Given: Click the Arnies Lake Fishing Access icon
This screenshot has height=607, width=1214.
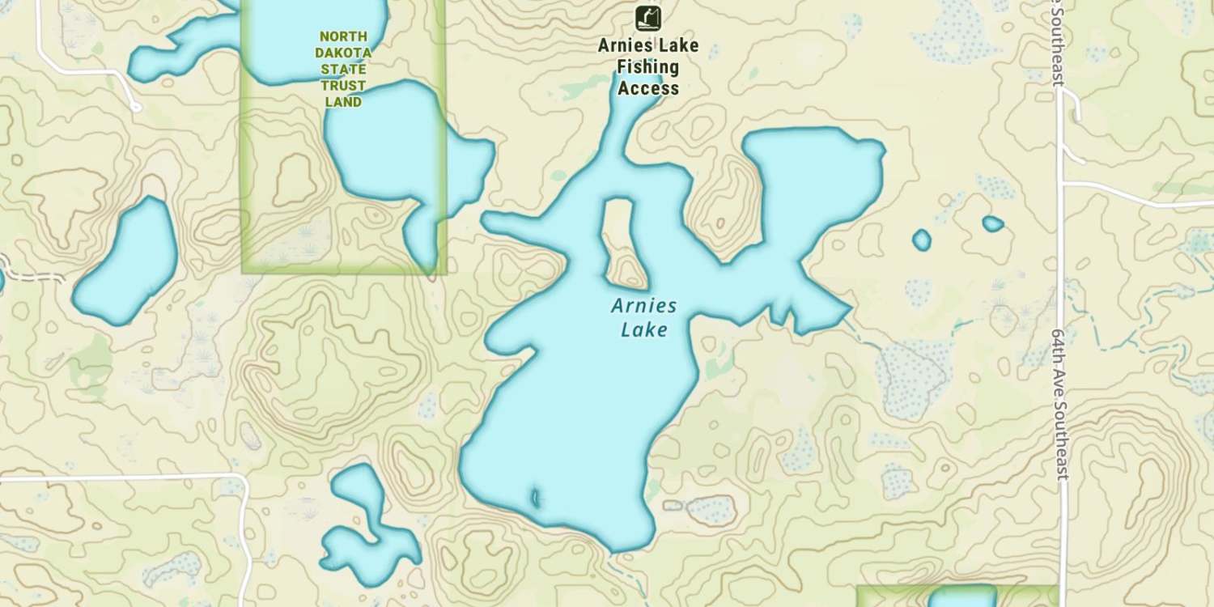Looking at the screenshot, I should (647, 17).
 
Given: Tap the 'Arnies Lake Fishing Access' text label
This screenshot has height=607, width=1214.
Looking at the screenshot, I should (647, 67).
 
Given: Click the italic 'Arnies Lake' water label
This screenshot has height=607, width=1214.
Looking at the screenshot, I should (643, 317).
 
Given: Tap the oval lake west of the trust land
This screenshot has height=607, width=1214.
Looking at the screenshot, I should (128, 261).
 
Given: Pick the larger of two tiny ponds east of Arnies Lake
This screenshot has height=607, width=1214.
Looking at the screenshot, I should (921, 240).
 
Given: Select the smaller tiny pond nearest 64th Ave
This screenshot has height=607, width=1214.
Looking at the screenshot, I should (992, 223).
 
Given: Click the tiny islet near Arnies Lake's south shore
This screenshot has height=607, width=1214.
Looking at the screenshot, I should (535, 496).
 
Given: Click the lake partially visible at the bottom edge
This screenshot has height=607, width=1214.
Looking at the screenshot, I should (961, 597).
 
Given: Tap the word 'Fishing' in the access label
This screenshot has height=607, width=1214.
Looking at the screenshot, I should (647, 67).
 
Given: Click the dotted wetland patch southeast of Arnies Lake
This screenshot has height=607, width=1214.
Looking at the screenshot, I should (915, 376).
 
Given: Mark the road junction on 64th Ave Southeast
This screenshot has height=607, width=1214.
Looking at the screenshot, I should (1062, 184).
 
